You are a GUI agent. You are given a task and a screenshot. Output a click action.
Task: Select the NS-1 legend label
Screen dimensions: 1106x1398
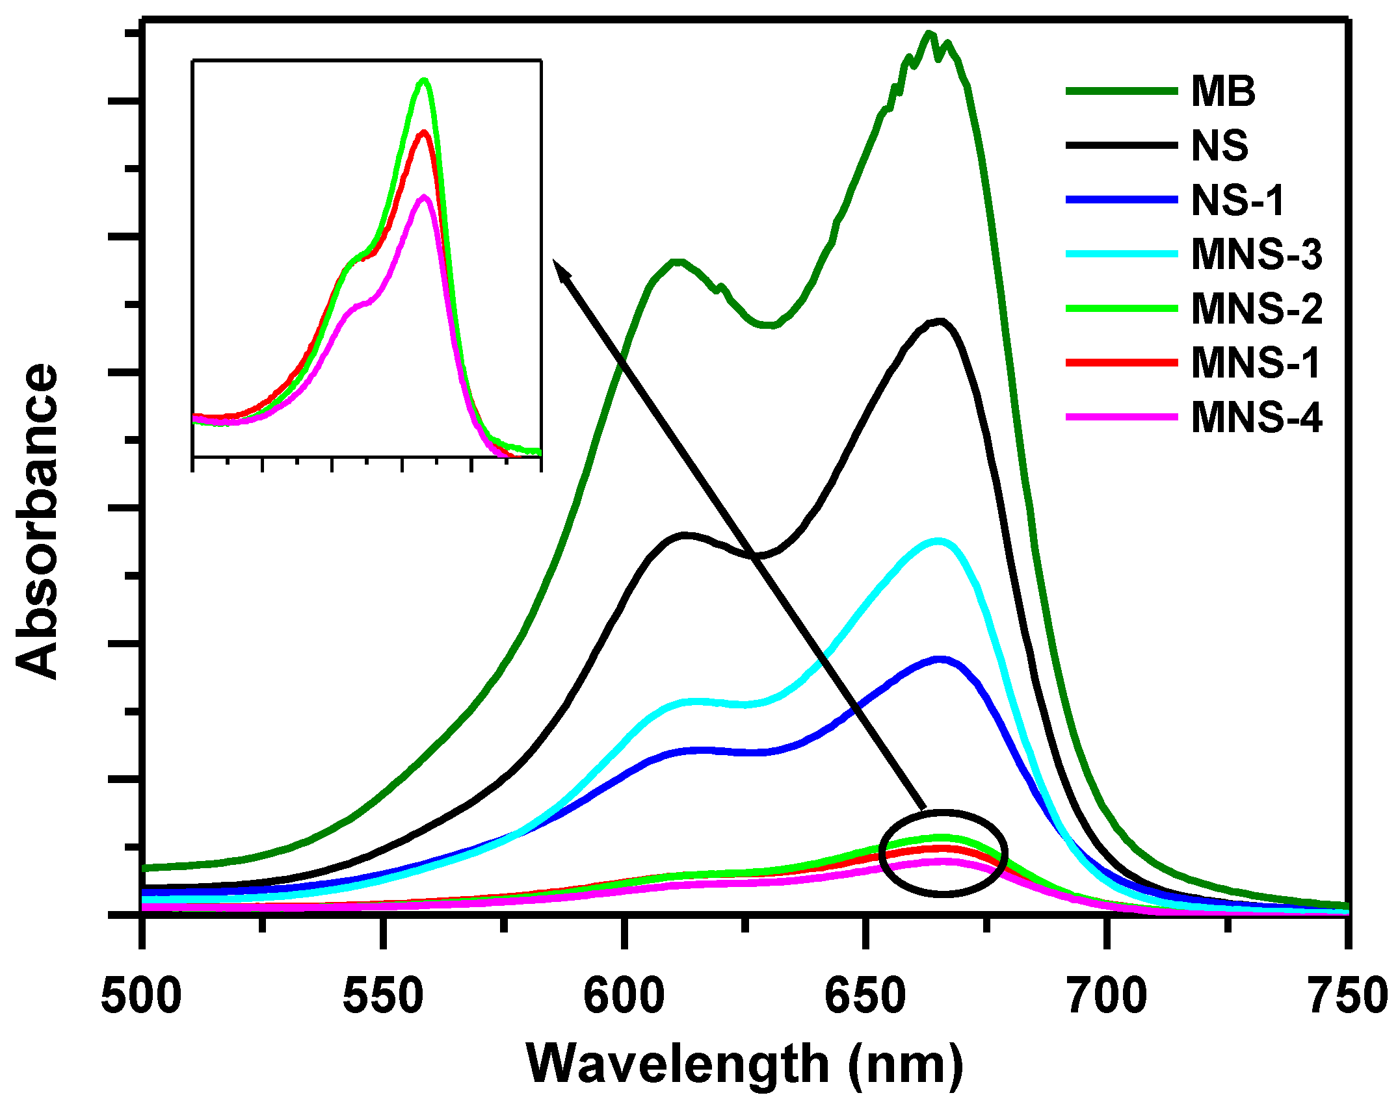1237,200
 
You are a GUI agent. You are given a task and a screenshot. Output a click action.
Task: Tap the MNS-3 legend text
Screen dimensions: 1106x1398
1256,254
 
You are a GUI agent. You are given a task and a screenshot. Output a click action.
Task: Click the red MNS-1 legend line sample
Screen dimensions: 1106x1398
1122,363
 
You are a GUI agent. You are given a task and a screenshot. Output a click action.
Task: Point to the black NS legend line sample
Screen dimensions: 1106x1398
1122,146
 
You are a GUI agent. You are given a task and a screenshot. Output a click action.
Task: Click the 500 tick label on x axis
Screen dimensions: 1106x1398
142,996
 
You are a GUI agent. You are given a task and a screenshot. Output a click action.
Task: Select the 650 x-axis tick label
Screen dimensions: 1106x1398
865,996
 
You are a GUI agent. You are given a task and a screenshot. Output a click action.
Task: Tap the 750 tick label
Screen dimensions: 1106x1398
1347,996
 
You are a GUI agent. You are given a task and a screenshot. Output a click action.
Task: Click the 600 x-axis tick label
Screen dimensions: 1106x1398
624,996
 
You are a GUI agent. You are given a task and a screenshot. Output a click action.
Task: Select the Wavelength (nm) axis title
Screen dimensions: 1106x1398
744,1064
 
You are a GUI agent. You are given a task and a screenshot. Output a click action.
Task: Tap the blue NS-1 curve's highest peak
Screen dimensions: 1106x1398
940,659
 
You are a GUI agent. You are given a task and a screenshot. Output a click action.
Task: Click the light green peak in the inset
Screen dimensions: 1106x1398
425,81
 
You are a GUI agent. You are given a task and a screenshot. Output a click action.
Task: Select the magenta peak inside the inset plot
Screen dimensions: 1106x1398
424,198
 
